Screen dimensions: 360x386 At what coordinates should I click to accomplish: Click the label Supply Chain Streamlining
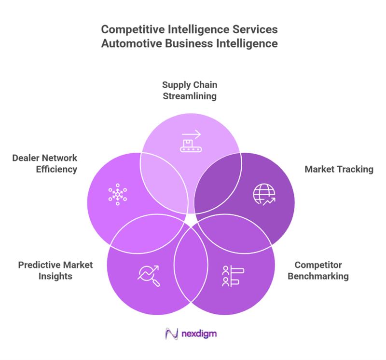pos(189,90)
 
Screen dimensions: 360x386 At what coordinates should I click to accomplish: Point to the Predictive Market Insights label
pos(55,271)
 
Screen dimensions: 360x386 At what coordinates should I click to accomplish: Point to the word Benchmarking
pos(321,277)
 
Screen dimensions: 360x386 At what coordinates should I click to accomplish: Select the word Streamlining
pos(189,96)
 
